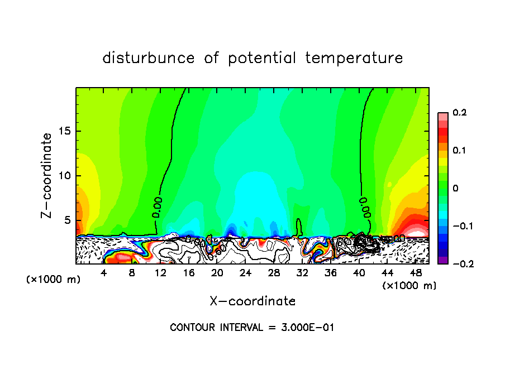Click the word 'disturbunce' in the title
click(149, 58)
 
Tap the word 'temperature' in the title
click(354, 58)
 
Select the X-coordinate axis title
click(252, 301)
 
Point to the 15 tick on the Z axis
click(66, 131)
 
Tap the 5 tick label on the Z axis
click(69, 220)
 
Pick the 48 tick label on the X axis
click(415, 273)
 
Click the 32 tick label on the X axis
click(302, 273)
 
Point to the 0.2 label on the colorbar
click(460, 113)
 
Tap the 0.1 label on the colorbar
click(460, 151)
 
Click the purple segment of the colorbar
click(442, 260)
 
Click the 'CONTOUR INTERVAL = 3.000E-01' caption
click(252, 328)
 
